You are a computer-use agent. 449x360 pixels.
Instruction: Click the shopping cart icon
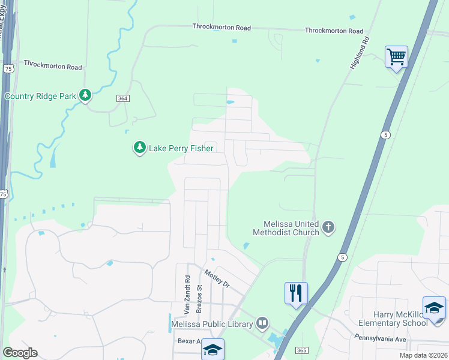tap(396, 57)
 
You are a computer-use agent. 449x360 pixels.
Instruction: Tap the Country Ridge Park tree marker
tap(86, 95)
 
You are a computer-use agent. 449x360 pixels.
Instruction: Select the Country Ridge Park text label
tap(40, 96)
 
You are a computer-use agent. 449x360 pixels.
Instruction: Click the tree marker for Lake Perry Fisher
tap(139, 147)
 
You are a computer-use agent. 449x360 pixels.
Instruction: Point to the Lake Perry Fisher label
tap(181, 148)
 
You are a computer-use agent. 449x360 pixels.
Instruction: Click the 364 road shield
tap(123, 98)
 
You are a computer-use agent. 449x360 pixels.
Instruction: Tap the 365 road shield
tap(301, 349)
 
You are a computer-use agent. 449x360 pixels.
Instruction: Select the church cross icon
tap(328, 227)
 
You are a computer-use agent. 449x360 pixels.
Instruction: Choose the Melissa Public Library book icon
tap(262, 323)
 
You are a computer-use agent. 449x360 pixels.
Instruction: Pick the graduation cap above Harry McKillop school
tap(434, 308)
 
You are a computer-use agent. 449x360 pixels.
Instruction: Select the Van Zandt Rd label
tap(187, 295)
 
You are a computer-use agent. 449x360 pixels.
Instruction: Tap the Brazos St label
tap(200, 296)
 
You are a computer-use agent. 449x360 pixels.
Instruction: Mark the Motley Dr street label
tap(217, 279)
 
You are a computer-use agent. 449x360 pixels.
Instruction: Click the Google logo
tap(20, 353)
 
